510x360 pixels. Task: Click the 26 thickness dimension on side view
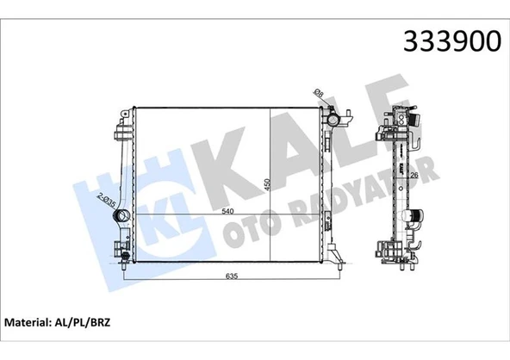(x=414, y=177)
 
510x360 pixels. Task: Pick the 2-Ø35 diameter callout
(x=107, y=201)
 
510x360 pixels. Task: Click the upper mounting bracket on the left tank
(x=119, y=132)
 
